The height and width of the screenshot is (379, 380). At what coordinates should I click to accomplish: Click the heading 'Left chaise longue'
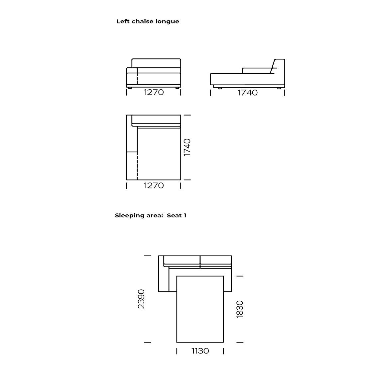click(148, 22)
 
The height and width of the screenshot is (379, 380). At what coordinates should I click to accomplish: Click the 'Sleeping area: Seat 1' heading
click(150, 215)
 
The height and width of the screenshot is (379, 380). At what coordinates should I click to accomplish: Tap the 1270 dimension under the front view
click(154, 92)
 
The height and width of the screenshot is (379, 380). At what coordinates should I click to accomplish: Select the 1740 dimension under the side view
click(247, 93)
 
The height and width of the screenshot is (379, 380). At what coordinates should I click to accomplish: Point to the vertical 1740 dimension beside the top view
click(187, 147)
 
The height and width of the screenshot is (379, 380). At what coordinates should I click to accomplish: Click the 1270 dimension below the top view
click(154, 186)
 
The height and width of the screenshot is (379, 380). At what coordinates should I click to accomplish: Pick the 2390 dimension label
click(141, 299)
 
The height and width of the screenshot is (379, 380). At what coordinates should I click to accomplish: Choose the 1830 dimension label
click(240, 309)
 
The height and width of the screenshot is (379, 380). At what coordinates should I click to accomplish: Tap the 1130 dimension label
click(200, 351)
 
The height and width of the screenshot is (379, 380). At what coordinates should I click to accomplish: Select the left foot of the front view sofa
click(130, 88)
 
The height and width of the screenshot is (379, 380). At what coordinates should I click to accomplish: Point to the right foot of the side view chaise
click(279, 88)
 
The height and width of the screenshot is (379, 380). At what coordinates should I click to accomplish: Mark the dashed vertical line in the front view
click(137, 79)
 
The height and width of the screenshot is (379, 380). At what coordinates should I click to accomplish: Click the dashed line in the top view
click(137, 166)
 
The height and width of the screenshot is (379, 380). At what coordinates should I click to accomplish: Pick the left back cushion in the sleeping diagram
click(182, 260)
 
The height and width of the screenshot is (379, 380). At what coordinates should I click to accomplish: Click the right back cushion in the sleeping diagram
click(216, 260)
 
